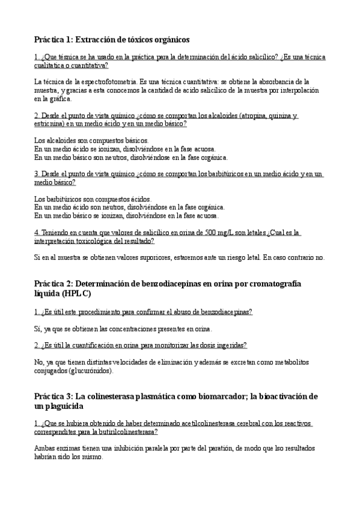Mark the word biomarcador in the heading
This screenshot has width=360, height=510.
coord(202,396)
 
